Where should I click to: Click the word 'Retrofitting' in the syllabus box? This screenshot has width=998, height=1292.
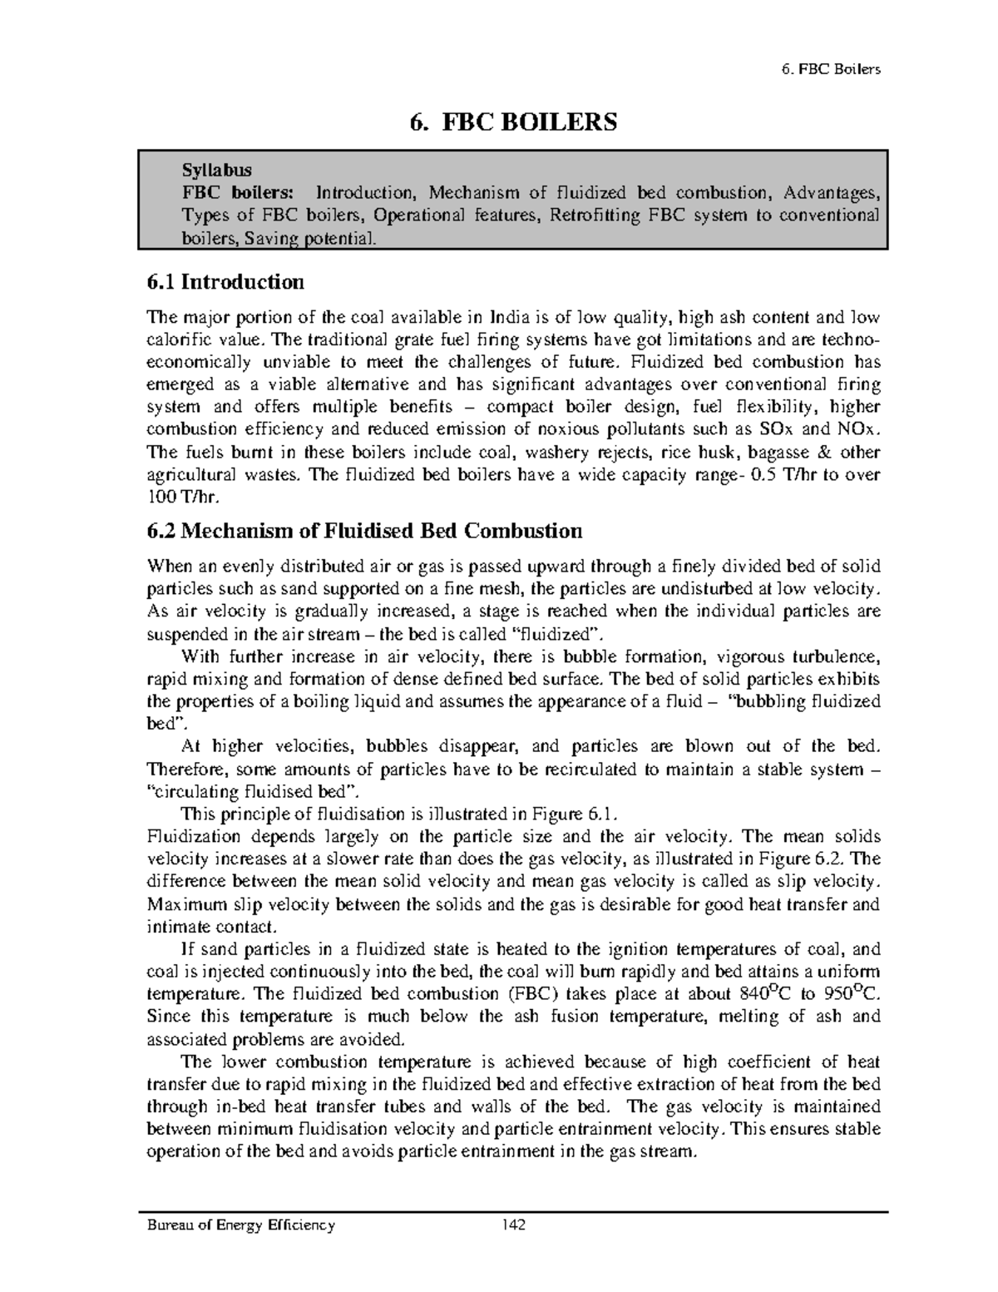click(x=583, y=215)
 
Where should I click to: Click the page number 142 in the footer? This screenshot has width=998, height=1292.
click(x=513, y=1225)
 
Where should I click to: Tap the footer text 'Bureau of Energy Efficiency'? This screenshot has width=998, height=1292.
click(x=240, y=1225)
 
